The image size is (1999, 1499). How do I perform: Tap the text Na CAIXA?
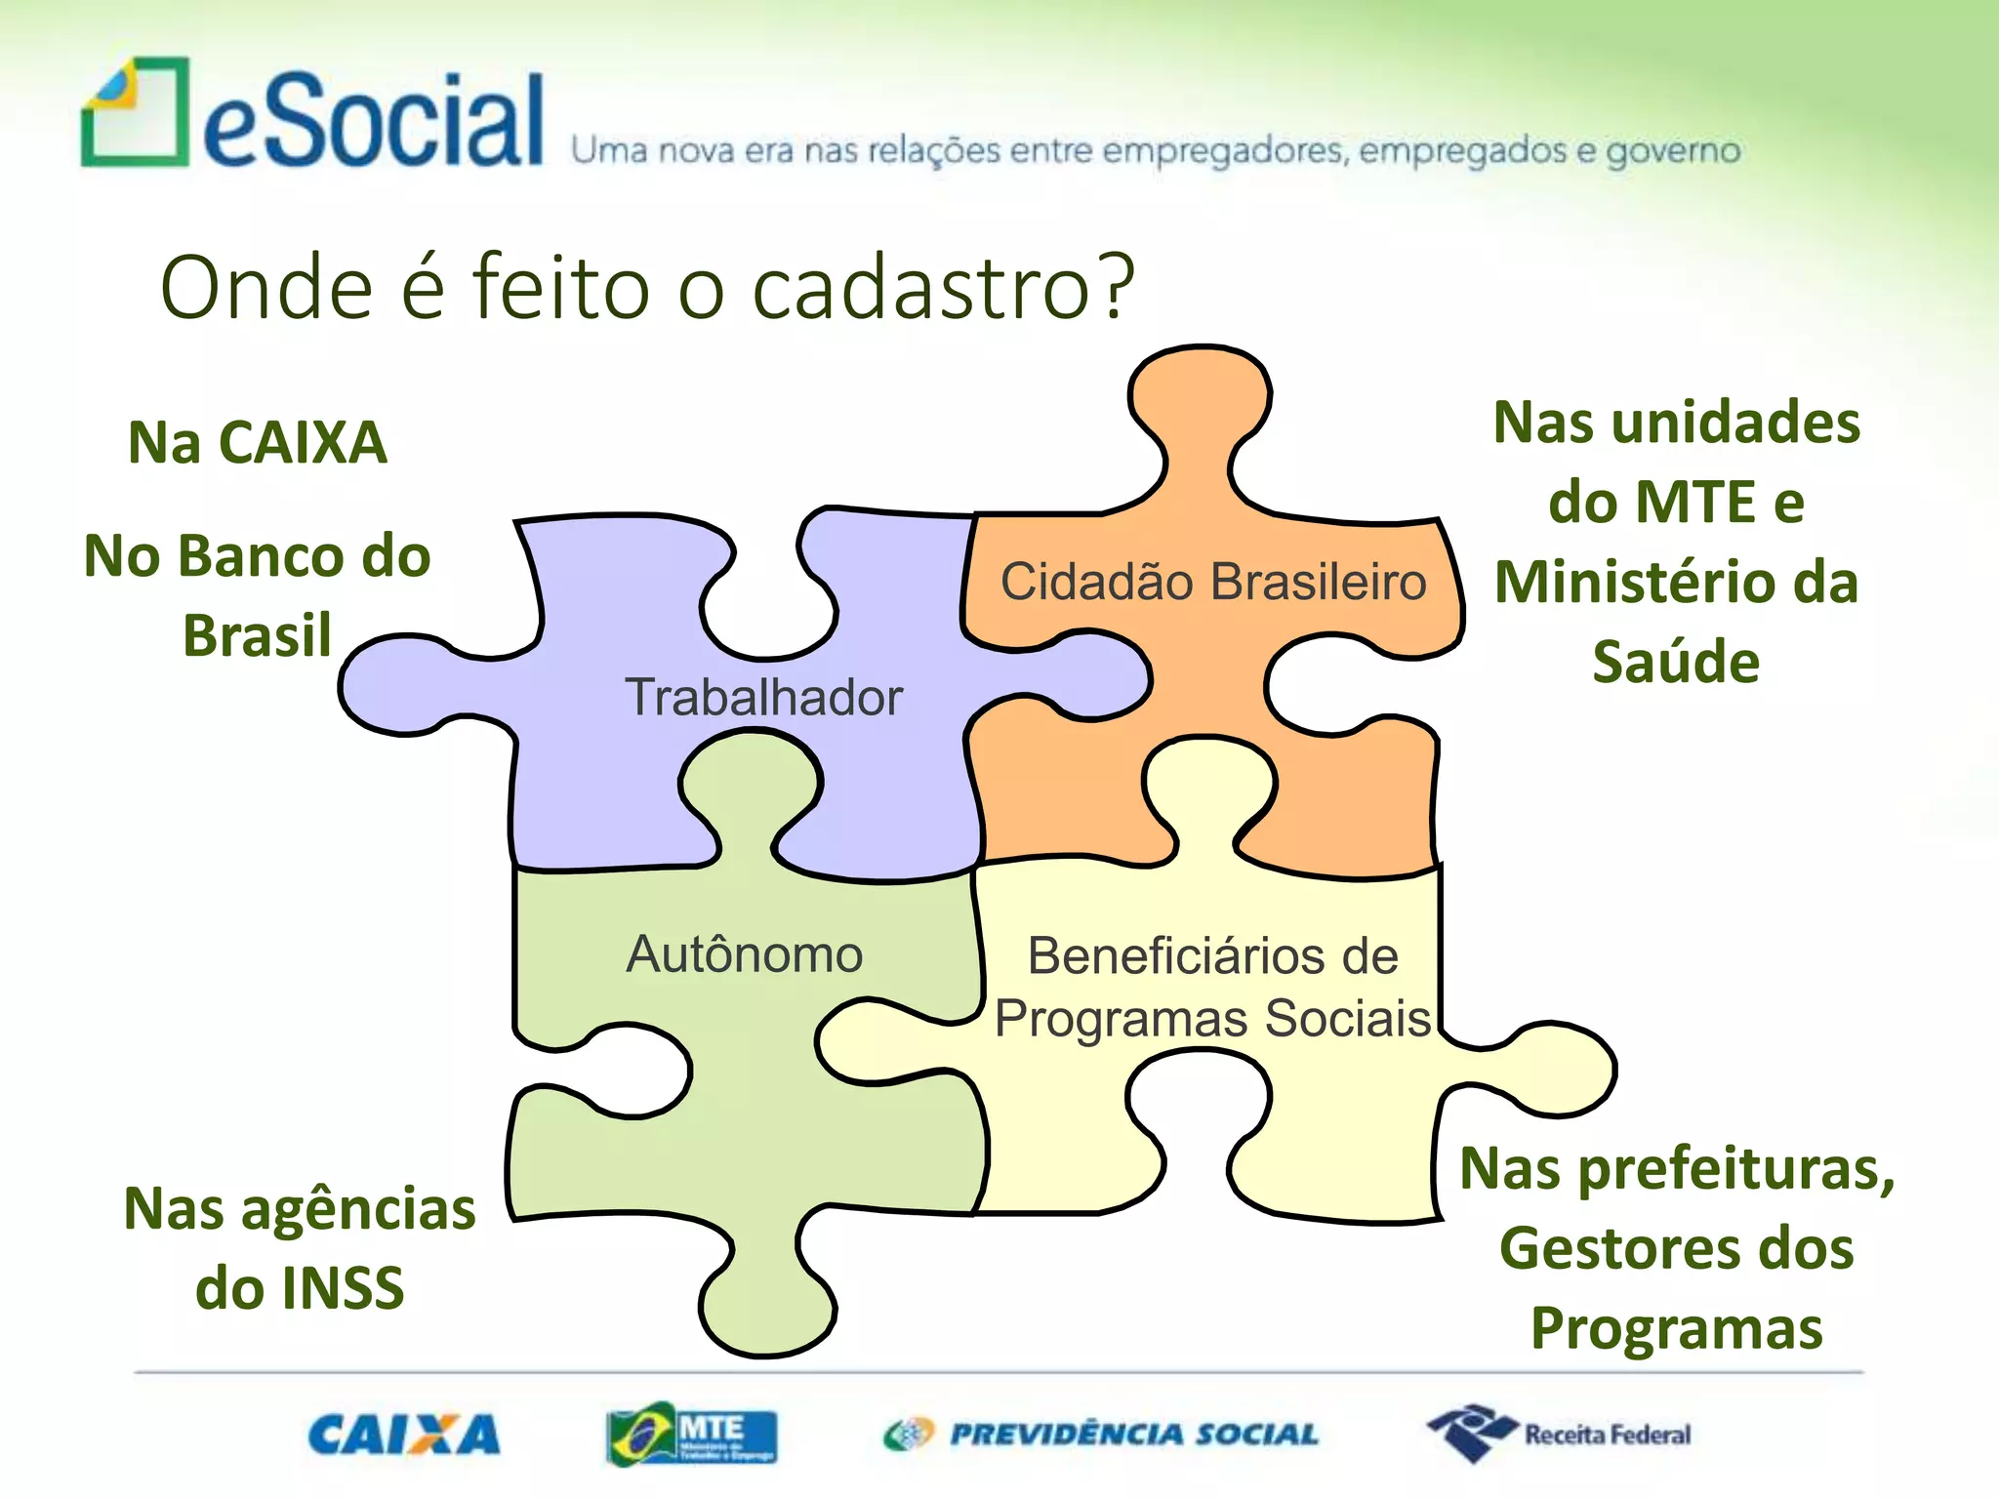pyautogui.click(x=258, y=442)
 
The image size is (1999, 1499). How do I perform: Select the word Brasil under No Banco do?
pyautogui.click(x=258, y=636)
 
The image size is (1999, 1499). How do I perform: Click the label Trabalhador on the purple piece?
pyautogui.click(x=764, y=698)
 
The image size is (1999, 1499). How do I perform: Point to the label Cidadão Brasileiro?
pyautogui.click(x=1213, y=582)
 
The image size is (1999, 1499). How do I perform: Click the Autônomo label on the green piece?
pyautogui.click(x=745, y=954)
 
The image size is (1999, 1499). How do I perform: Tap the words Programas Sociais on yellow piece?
pyautogui.click(x=1213, y=1019)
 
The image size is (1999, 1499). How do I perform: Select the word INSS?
pyautogui.click(x=342, y=1288)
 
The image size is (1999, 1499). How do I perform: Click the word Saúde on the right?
pyautogui.click(x=1676, y=663)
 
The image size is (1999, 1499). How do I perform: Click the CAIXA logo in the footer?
pyautogui.click(x=404, y=1436)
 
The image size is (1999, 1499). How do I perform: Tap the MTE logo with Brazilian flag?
pyautogui.click(x=691, y=1436)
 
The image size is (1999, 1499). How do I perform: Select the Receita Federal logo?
pyautogui.click(x=1559, y=1434)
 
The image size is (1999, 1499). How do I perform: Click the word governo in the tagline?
pyautogui.click(x=1673, y=151)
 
